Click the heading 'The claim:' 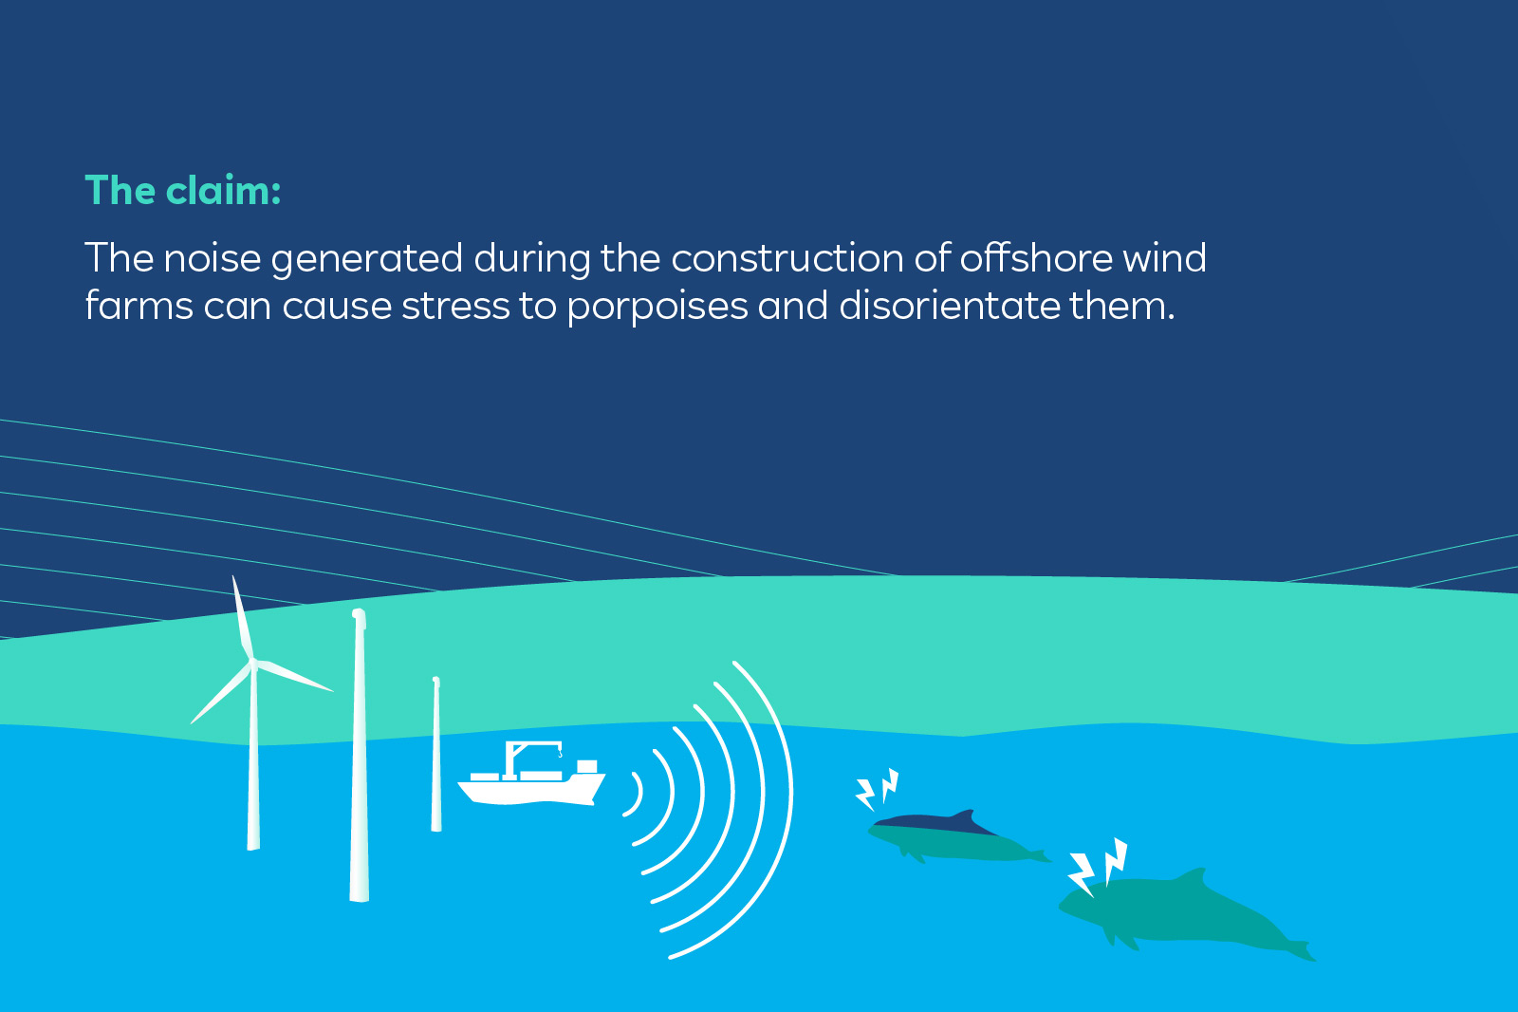click(183, 191)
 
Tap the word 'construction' click(787, 258)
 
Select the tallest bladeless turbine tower click(359, 759)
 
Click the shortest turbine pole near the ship click(436, 759)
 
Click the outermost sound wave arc click(773, 807)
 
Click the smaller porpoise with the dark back click(949, 835)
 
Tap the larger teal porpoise click(1176, 911)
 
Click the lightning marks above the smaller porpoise click(878, 789)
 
